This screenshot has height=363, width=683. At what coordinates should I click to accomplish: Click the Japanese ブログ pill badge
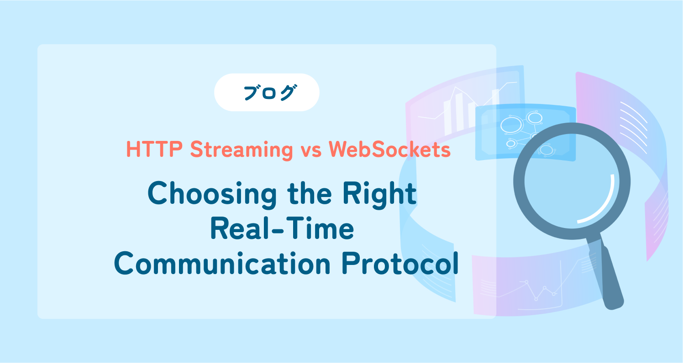[267, 93]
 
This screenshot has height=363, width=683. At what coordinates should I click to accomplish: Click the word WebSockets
[389, 150]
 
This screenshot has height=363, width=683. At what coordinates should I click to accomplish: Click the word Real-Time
[282, 229]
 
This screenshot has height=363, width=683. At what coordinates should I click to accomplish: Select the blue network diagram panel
[525, 133]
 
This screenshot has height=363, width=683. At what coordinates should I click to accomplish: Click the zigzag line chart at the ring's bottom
[539, 290]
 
